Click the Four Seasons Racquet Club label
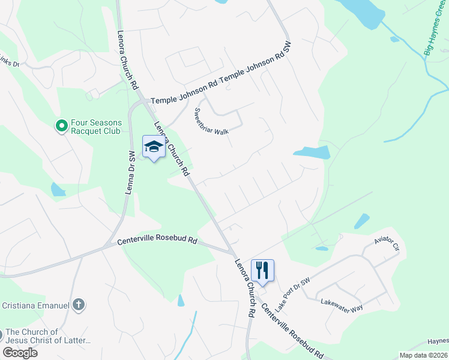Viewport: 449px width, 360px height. [96, 126]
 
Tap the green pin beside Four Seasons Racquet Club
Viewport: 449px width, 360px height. [61, 125]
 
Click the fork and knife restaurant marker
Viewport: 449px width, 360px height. [262, 270]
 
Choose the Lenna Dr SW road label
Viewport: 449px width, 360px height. [130, 174]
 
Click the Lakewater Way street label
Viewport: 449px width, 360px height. [342, 304]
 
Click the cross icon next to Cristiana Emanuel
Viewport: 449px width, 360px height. [77, 305]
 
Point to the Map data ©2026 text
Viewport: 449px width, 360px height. [423, 355]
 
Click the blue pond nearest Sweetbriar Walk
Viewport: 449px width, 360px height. [313, 152]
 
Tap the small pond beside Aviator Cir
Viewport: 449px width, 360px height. [361, 221]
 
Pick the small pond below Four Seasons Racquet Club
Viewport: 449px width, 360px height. [58, 190]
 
